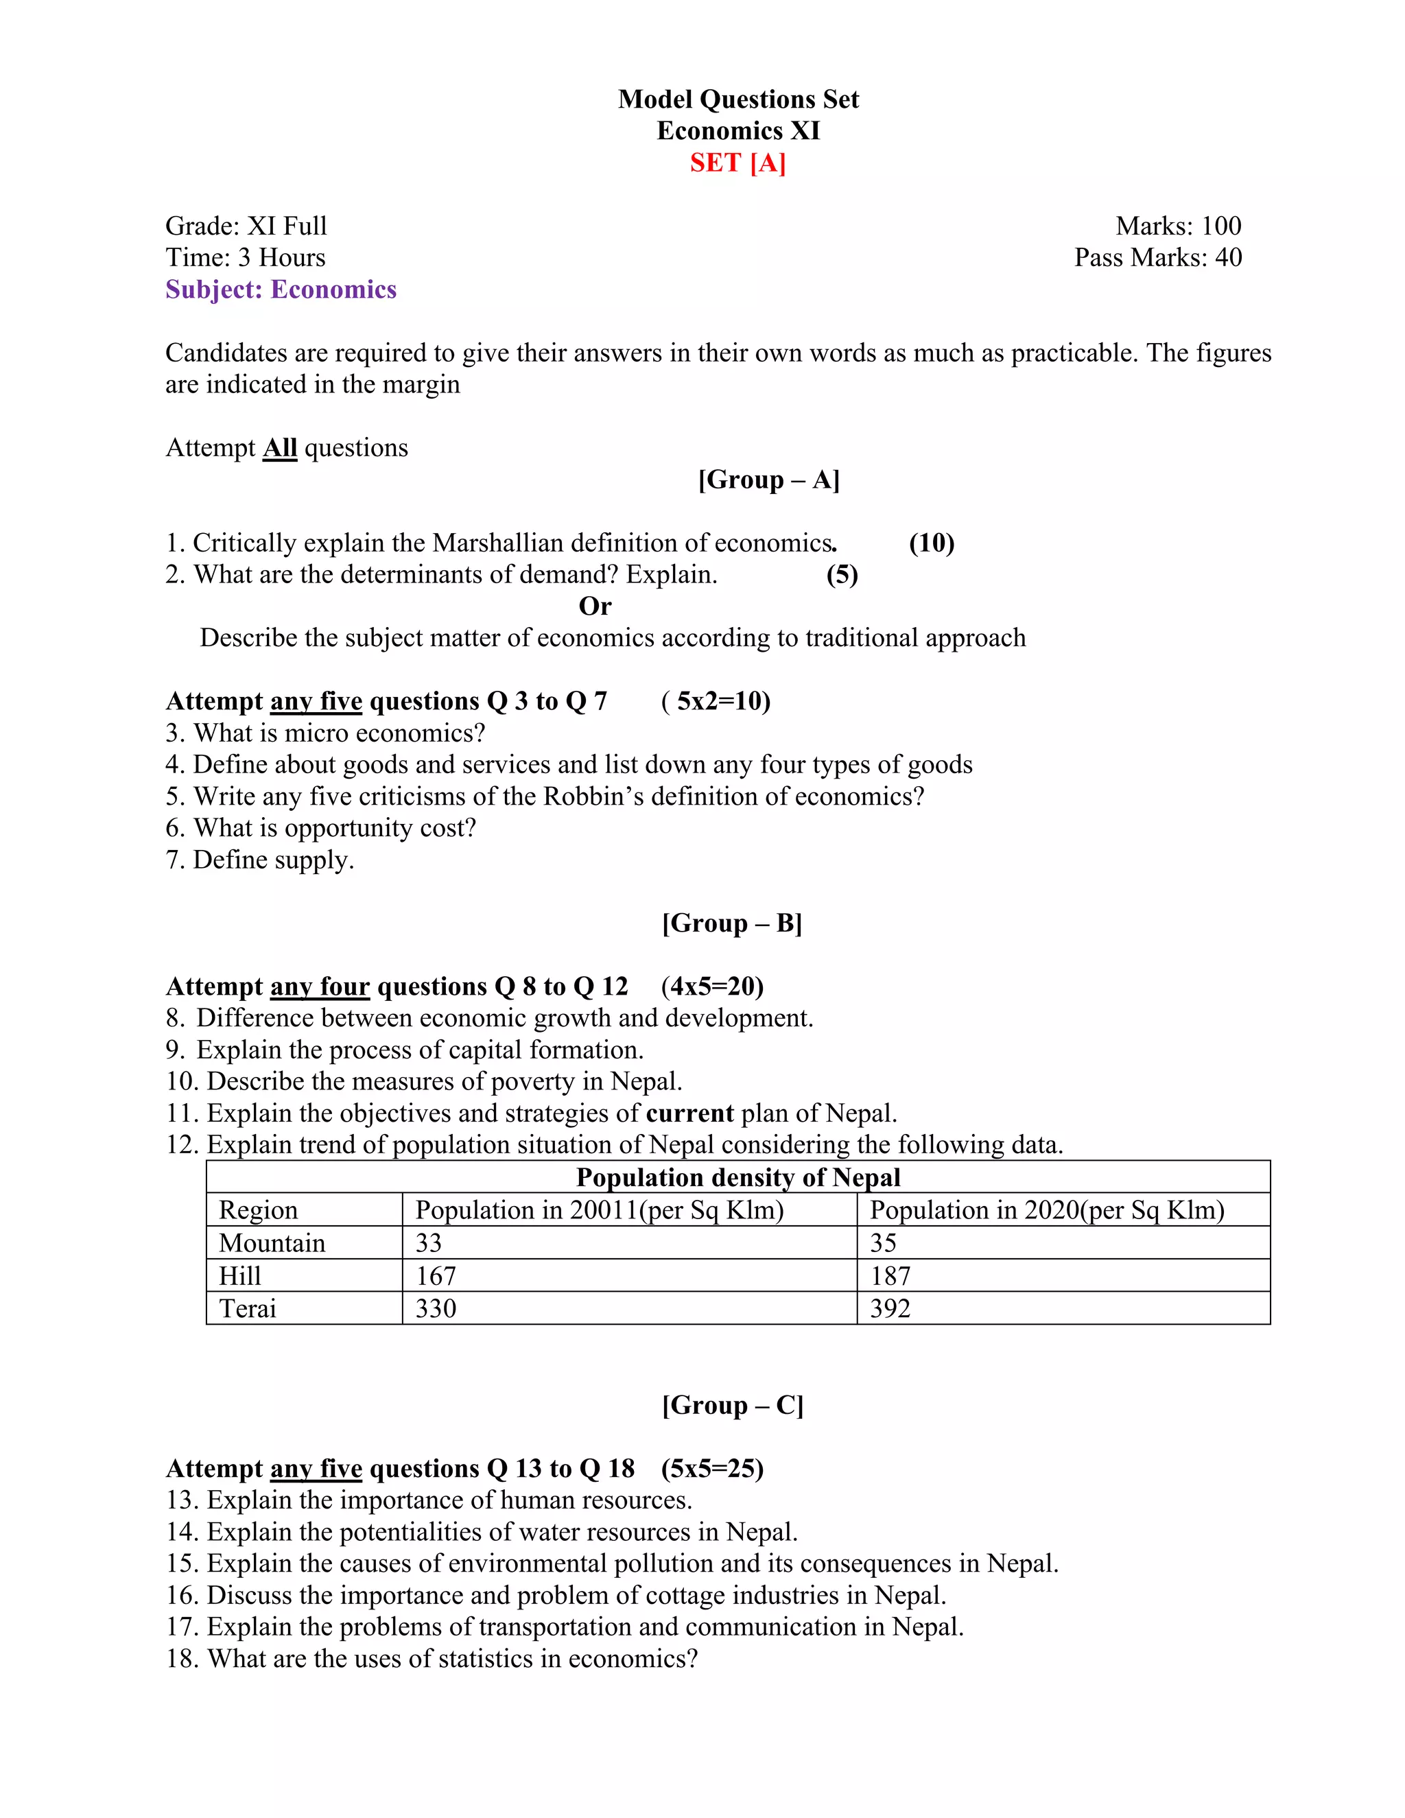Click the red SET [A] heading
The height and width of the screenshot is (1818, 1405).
[x=737, y=163]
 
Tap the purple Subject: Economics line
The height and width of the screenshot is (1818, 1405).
[x=281, y=289]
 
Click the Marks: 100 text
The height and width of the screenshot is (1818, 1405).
[x=1178, y=226]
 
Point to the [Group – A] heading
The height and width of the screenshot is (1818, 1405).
[x=768, y=480]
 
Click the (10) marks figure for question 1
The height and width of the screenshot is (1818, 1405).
[x=932, y=543]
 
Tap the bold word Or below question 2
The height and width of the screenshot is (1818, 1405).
[x=594, y=606]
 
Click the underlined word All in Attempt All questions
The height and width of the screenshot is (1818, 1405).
[x=280, y=448]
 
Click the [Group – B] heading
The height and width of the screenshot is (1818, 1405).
[x=731, y=923]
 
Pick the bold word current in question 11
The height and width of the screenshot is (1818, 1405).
[x=690, y=1113]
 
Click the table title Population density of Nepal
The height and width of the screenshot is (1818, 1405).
[x=737, y=1177]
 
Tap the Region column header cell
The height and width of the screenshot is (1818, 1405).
[x=258, y=1209]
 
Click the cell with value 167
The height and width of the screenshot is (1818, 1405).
[x=436, y=1275]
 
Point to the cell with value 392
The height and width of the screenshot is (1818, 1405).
[x=890, y=1308]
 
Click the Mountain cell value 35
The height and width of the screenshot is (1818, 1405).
[x=883, y=1243]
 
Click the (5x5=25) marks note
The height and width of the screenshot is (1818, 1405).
[x=713, y=1468]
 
